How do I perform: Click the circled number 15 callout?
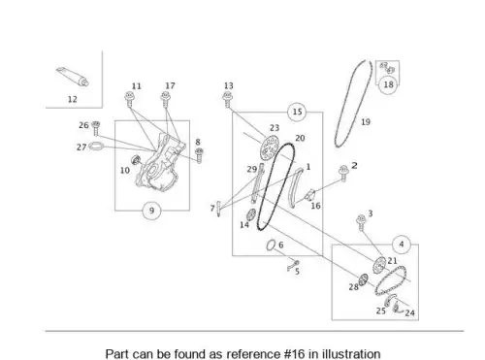(x=297, y=112)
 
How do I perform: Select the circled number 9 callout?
(x=151, y=211)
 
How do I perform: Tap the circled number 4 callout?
(x=402, y=245)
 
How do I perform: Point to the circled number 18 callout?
(x=388, y=84)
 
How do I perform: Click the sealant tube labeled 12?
(x=73, y=77)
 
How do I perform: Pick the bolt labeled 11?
(x=130, y=99)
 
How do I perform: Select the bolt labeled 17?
(x=166, y=99)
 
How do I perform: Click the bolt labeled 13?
(x=228, y=100)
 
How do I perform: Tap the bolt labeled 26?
(x=95, y=128)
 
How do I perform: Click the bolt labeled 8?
(x=199, y=155)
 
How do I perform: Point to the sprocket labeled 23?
(x=269, y=147)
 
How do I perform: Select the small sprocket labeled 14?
(x=251, y=214)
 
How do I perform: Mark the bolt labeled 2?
(x=343, y=173)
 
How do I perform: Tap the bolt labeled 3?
(x=361, y=223)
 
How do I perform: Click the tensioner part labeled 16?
(x=310, y=195)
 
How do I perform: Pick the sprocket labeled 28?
(x=363, y=279)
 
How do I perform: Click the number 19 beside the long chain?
(x=366, y=122)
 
